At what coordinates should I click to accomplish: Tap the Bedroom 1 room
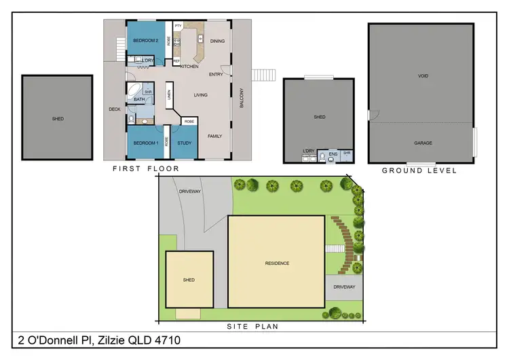(145, 143)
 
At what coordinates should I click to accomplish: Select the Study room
(185, 143)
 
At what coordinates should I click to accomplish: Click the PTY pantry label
(178, 26)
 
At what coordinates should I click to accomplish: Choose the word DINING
(217, 41)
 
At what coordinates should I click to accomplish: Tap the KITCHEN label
(189, 67)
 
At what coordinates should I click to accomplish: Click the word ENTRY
(216, 75)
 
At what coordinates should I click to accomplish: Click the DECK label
(115, 109)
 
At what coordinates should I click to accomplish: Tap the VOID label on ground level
(423, 76)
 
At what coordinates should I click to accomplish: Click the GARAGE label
(423, 143)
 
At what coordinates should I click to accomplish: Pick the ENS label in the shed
(333, 154)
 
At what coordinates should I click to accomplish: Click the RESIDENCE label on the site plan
(276, 263)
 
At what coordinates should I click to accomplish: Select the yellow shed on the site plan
(189, 279)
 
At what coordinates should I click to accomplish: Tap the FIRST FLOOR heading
(145, 168)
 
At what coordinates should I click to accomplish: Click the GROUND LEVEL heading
(419, 170)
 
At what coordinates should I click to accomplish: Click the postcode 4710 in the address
(167, 340)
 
